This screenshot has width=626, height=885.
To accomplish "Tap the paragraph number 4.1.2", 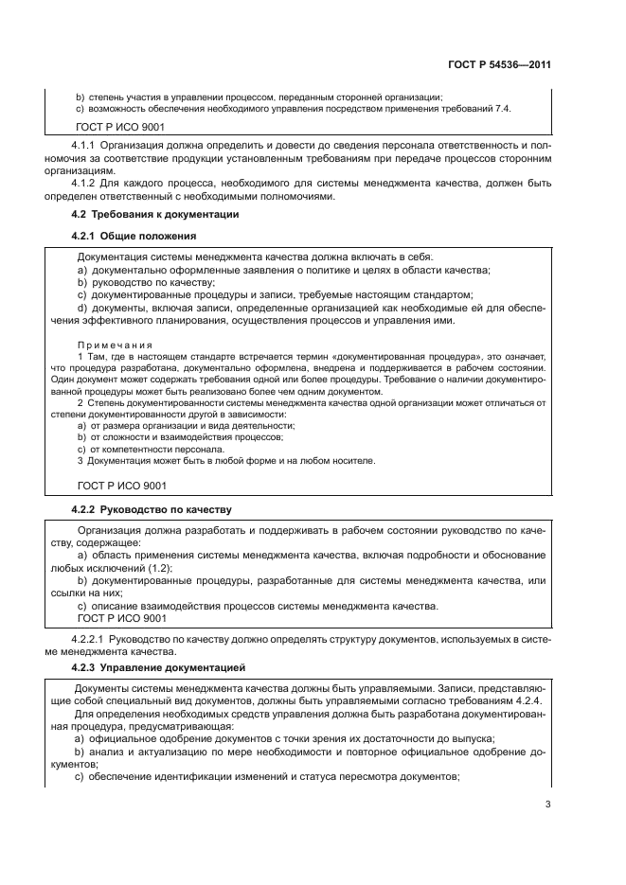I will (83, 184).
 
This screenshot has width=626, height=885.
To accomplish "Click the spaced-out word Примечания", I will (115, 345).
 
